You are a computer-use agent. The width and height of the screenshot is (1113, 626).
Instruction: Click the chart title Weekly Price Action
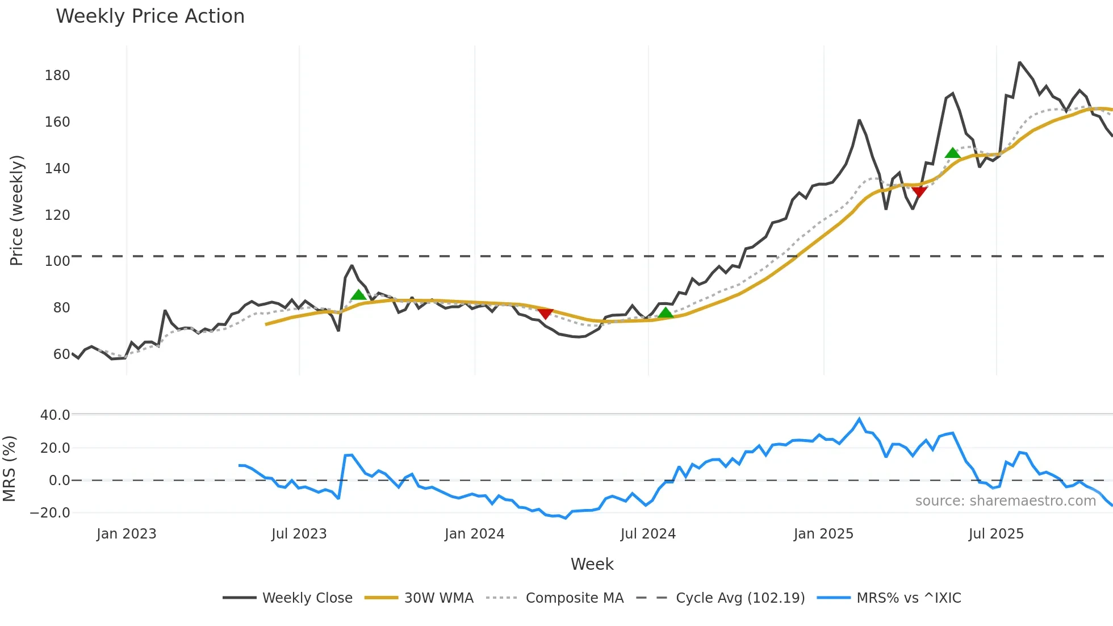(x=150, y=16)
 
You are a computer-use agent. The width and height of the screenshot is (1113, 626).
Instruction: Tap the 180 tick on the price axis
(x=57, y=76)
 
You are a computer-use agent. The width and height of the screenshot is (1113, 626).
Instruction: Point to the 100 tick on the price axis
(x=57, y=261)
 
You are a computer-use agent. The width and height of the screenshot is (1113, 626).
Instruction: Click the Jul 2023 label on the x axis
(x=299, y=534)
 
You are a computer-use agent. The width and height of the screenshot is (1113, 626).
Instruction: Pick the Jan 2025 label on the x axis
(x=823, y=534)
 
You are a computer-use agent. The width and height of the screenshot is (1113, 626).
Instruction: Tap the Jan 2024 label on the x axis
(x=474, y=534)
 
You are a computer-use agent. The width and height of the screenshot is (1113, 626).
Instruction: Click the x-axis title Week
(x=592, y=564)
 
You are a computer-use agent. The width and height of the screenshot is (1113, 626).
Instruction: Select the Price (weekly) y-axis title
(x=17, y=210)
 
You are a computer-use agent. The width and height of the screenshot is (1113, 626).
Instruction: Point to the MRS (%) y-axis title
(x=9, y=469)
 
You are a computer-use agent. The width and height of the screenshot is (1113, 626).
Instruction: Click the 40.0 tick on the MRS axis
(x=55, y=415)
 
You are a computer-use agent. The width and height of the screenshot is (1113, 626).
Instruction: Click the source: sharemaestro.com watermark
(x=1005, y=501)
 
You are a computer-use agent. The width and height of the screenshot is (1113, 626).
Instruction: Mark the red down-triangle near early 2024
(x=545, y=314)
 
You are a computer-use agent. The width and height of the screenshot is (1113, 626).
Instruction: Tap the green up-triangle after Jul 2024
(x=666, y=312)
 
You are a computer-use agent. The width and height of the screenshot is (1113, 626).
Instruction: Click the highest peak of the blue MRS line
(x=859, y=419)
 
